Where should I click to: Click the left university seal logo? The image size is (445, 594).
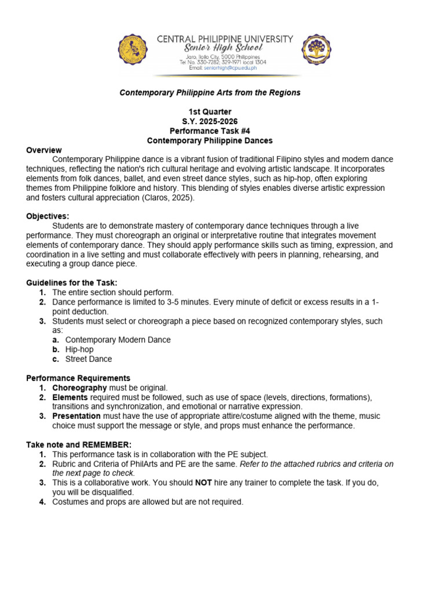[133, 51]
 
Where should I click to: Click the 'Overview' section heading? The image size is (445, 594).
[44, 150]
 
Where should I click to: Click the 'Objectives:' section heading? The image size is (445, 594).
[48, 216]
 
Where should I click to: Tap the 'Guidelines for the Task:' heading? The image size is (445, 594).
[72, 282]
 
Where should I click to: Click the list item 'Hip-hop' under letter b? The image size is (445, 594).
[79, 350]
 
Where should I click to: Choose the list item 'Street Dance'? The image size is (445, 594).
[89, 359]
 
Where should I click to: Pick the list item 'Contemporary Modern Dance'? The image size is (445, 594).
[118, 340]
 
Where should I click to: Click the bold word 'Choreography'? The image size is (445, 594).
[79, 387]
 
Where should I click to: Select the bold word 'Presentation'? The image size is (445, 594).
[76, 416]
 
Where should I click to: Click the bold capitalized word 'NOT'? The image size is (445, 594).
[203, 483]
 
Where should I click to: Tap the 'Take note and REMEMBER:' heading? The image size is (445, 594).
[75, 444]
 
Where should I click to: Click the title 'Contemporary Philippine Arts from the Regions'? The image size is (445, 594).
[210, 93]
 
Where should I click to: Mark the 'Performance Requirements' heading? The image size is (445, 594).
[78, 378]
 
